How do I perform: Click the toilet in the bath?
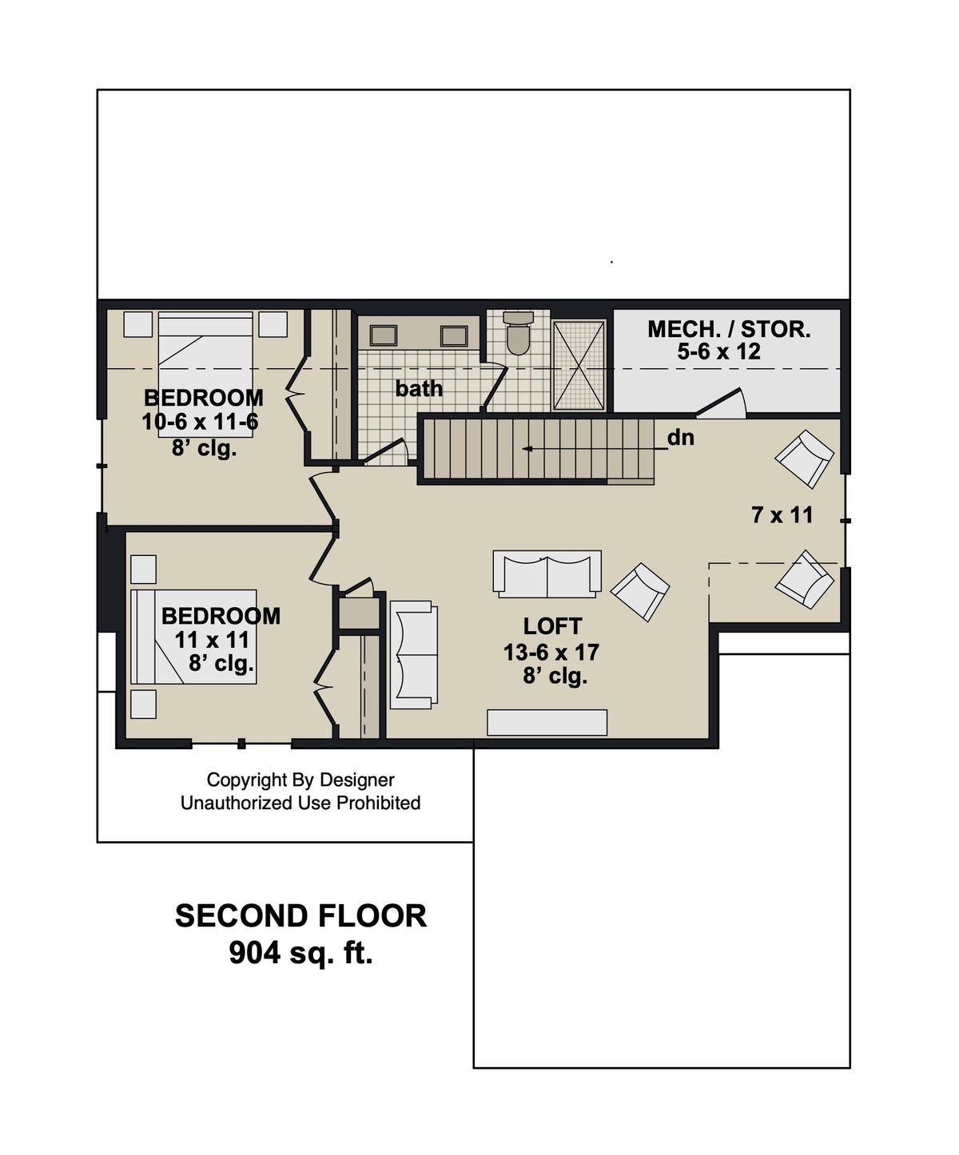click(519, 333)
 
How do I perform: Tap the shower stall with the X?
click(579, 365)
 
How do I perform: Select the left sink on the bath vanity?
click(384, 335)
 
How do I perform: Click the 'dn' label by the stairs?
click(680, 438)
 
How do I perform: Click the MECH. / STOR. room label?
click(728, 329)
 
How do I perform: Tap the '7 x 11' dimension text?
click(782, 515)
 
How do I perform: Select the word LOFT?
click(552, 626)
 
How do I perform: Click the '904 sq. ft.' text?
click(300, 952)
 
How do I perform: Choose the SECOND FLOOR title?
click(300, 916)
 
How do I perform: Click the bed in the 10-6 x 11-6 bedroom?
click(205, 352)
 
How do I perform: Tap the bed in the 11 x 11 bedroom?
click(194, 637)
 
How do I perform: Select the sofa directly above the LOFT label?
click(547, 574)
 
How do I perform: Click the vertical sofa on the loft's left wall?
click(414, 655)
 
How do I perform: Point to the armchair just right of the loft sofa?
click(640, 591)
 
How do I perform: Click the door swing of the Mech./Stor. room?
click(723, 403)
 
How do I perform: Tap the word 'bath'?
click(419, 389)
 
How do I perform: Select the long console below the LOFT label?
click(547, 722)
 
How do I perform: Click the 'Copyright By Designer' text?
click(300, 780)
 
